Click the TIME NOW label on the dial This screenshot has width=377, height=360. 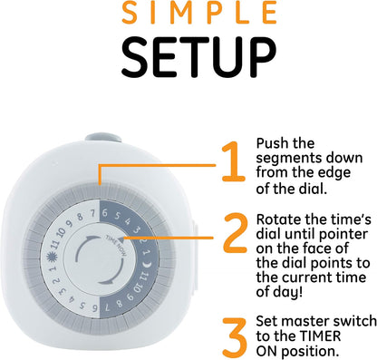tap(117, 246)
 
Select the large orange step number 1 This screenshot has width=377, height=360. tap(233, 162)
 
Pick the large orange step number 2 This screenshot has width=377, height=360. tap(236, 233)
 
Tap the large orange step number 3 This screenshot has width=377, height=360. tap(235, 337)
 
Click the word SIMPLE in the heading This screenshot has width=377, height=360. tap(198, 13)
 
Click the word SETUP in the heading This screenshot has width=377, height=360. tap(198, 57)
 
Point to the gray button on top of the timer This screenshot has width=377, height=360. tap(103, 138)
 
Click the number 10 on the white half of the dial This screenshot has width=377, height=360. tap(61, 233)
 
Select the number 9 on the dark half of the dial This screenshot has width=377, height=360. tap(130, 297)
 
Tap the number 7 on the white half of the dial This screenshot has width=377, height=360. tap(93, 213)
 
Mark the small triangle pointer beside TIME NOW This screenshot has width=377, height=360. tap(121, 239)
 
